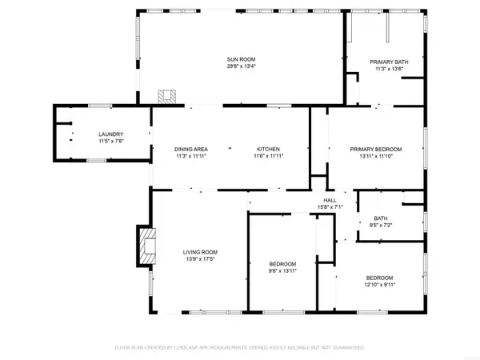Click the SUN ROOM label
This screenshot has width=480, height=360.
(x=240, y=60)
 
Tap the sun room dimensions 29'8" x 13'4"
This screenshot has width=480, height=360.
(x=240, y=67)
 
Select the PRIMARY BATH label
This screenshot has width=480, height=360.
(x=386, y=62)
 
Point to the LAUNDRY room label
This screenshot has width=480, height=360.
(x=111, y=134)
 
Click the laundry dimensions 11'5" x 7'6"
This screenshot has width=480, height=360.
(x=111, y=142)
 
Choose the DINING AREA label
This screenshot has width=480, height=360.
(x=191, y=150)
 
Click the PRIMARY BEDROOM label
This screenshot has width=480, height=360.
(x=376, y=150)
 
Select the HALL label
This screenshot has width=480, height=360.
(x=330, y=201)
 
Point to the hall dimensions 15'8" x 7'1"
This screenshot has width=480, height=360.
(x=330, y=208)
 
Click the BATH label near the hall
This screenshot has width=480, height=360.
(x=381, y=218)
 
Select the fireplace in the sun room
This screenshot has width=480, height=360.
(x=167, y=97)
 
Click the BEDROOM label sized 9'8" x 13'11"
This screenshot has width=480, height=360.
(x=282, y=264)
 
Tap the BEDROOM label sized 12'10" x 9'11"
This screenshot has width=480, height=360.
(x=379, y=278)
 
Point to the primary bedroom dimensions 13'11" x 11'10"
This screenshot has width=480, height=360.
(x=376, y=157)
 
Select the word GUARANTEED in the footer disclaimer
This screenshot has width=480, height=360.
(x=346, y=348)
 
